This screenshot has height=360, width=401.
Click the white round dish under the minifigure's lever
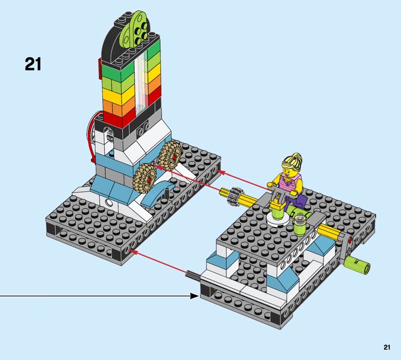(276, 217)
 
